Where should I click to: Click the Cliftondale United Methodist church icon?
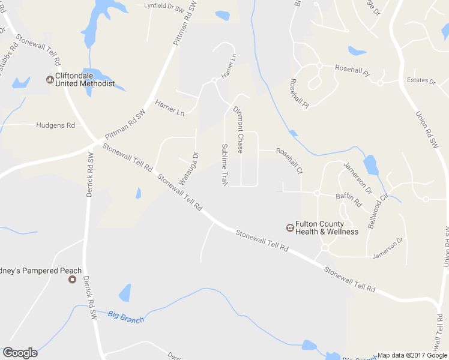(x=50, y=79)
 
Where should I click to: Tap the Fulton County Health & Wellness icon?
(x=290, y=227)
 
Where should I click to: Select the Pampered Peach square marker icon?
(x=74, y=279)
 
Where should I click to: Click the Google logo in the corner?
(x=20, y=353)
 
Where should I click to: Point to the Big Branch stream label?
(x=126, y=316)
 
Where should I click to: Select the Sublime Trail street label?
(x=224, y=164)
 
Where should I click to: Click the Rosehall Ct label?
(x=289, y=160)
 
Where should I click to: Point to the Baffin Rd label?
(x=348, y=199)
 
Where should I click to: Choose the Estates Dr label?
(x=420, y=80)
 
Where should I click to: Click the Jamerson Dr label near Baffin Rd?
(x=358, y=178)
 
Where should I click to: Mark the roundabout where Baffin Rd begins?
(x=316, y=193)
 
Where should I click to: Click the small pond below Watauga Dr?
(x=138, y=193)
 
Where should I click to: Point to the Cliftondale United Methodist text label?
(x=85, y=80)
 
